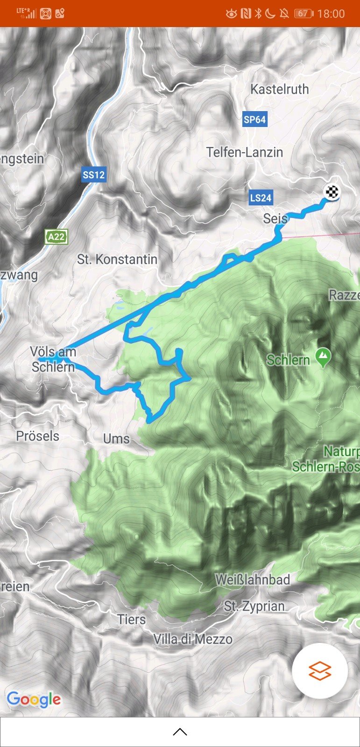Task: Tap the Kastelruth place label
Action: (x=279, y=89)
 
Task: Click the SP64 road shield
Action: (x=254, y=120)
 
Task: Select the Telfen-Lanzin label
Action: (x=245, y=152)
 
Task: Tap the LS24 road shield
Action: (x=261, y=197)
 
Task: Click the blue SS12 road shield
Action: (x=94, y=175)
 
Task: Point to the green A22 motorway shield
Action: (x=56, y=237)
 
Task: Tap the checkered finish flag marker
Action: (x=332, y=192)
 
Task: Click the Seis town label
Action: (x=275, y=218)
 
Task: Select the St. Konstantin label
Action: (x=117, y=259)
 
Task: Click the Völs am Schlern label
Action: (x=53, y=359)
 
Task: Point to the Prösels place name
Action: (x=38, y=436)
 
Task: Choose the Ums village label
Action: (x=116, y=438)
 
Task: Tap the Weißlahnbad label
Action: (x=253, y=579)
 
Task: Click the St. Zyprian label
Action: (x=254, y=606)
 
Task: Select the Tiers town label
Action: (x=132, y=620)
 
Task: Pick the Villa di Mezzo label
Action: (x=193, y=639)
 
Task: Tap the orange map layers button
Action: (x=320, y=671)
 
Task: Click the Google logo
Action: (x=34, y=699)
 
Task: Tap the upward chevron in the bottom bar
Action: (x=180, y=732)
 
